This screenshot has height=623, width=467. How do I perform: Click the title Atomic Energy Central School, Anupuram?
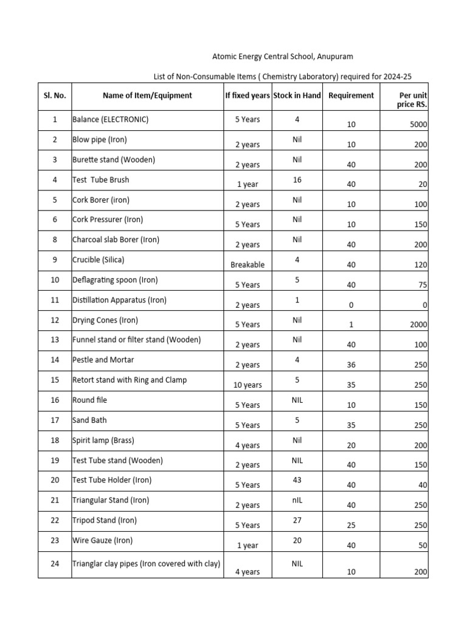pyautogui.click(x=282, y=57)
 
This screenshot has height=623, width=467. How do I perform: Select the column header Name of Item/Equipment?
pyautogui.click(x=147, y=96)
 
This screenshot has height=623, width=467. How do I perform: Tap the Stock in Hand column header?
pyautogui.click(x=297, y=96)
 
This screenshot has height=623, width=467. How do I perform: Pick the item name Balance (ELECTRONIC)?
pyautogui.click(x=110, y=119)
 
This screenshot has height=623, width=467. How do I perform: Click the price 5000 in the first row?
pyautogui.click(x=418, y=125)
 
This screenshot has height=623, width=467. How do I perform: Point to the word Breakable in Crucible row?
pyautogui.click(x=247, y=265)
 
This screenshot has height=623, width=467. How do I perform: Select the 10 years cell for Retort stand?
pyautogui.click(x=247, y=385)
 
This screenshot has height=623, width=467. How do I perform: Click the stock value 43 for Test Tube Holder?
pyautogui.click(x=297, y=480)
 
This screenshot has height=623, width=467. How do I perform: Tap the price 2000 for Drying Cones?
pyautogui.click(x=418, y=325)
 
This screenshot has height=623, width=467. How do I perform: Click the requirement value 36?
pyautogui.click(x=351, y=365)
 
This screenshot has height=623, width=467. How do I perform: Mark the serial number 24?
pyautogui.click(x=55, y=564)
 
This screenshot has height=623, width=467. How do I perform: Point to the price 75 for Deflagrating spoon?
pyautogui.click(x=423, y=285)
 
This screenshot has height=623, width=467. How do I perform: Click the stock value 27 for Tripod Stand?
pyautogui.click(x=297, y=520)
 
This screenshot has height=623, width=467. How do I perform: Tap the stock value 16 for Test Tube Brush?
pyautogui.click(x=297, y=179)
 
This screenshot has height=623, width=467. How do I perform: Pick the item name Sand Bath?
pyautogui.click(x=89, y=420)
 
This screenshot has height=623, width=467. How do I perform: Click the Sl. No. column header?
pyautogui.click(x=55, y=96)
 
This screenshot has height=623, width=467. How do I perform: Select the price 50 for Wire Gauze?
pyautogui.click(x=423, y=546)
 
